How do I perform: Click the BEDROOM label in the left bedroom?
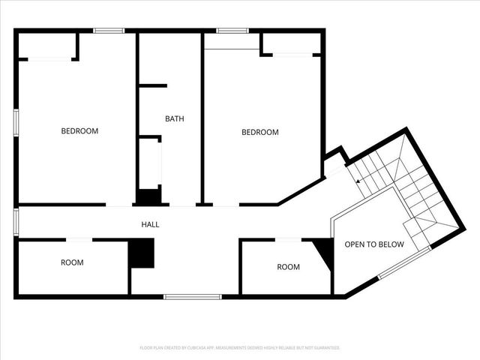coord(79,131)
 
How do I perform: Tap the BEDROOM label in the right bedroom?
coord(259,132)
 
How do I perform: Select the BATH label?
coord(175,118)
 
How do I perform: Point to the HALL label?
coord(150,224)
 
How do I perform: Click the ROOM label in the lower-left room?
coord(72,262)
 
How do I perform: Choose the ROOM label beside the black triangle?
coord(288,267)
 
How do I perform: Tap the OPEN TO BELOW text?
coord(373,244)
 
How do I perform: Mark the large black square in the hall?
coord(141,253)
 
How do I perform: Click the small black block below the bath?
coord(148,197)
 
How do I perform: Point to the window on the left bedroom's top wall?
coord(109,31)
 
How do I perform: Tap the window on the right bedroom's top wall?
coord(232,31)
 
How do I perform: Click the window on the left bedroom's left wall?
coord(16,121)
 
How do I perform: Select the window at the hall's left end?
coord(16,222)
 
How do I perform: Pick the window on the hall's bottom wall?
coord(193,297)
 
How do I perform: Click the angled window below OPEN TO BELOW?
coord(403,264)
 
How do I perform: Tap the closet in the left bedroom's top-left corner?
coord(46,46)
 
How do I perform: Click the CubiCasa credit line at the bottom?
coord(240,348)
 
